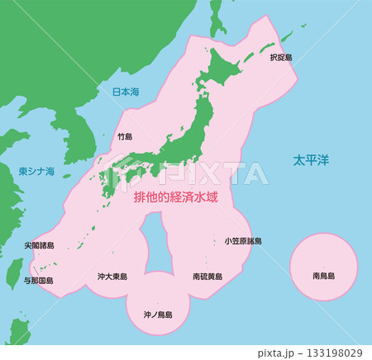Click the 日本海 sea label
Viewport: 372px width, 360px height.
[126, 92]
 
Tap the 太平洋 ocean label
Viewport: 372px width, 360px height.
[309, 159]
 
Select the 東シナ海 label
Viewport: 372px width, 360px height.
[36, 172]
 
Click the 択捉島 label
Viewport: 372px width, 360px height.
[280, 59]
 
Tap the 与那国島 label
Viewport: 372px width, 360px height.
[38, 280]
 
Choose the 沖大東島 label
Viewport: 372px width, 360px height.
[112, 277]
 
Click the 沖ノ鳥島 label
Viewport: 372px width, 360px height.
[157, 315]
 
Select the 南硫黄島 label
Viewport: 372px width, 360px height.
[207, 277]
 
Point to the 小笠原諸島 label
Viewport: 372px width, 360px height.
[243, 241]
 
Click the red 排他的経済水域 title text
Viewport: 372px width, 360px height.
[182, 198]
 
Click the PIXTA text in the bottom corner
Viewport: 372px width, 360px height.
[284, 353]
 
